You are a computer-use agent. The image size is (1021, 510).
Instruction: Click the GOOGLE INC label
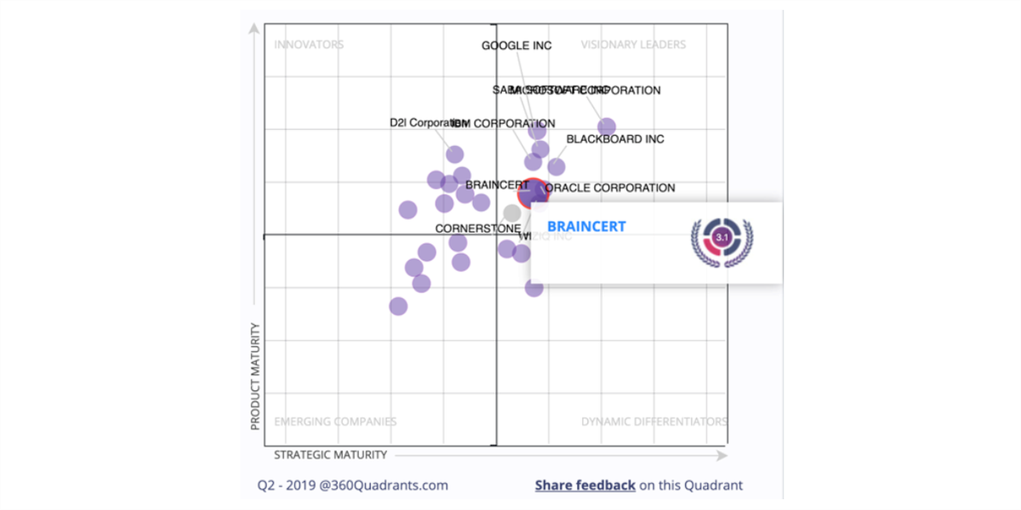pos(516,45)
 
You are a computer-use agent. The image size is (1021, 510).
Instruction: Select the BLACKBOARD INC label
pos(615,139)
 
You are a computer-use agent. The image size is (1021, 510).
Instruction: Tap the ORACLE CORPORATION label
pos(610,188)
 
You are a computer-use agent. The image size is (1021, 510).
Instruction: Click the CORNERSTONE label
pos(477,229)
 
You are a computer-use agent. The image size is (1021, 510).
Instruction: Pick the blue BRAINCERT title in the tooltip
pos(586,227)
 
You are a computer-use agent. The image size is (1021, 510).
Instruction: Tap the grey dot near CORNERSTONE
pos(511,212)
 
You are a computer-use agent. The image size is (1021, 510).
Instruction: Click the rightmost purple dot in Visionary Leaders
pos(607,127)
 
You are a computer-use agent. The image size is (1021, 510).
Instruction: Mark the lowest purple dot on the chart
pos(398,306)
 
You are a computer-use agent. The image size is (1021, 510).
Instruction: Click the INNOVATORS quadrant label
pos(309,45)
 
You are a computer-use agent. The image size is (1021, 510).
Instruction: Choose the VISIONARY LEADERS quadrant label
pos(633,45)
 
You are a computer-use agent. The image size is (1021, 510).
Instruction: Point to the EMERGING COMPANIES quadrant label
pos(335,422)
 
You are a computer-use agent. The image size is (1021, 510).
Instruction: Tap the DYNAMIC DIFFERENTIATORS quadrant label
pos(653,422)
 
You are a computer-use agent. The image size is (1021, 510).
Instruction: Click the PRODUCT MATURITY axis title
pos(254,375)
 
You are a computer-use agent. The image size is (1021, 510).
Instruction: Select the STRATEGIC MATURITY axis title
pos(330,455)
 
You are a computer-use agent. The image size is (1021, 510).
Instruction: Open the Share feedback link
pos(585,485)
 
